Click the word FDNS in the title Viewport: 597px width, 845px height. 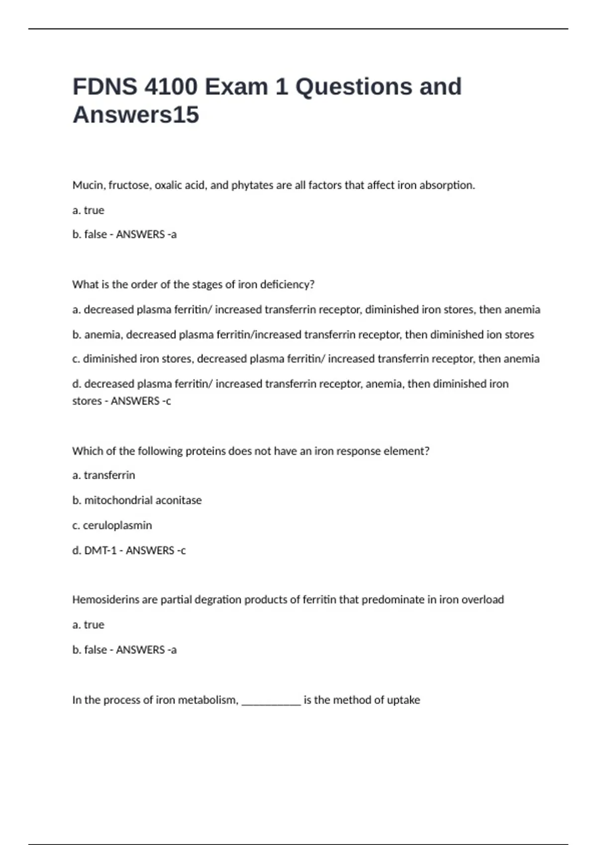(104, 86)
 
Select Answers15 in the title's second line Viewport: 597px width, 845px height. (136, 115)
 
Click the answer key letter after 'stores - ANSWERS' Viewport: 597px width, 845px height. (168, 401)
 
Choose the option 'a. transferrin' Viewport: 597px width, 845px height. (103, 475)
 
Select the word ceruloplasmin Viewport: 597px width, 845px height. (117, 525)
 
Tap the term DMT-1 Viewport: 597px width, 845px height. (100, 550)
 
